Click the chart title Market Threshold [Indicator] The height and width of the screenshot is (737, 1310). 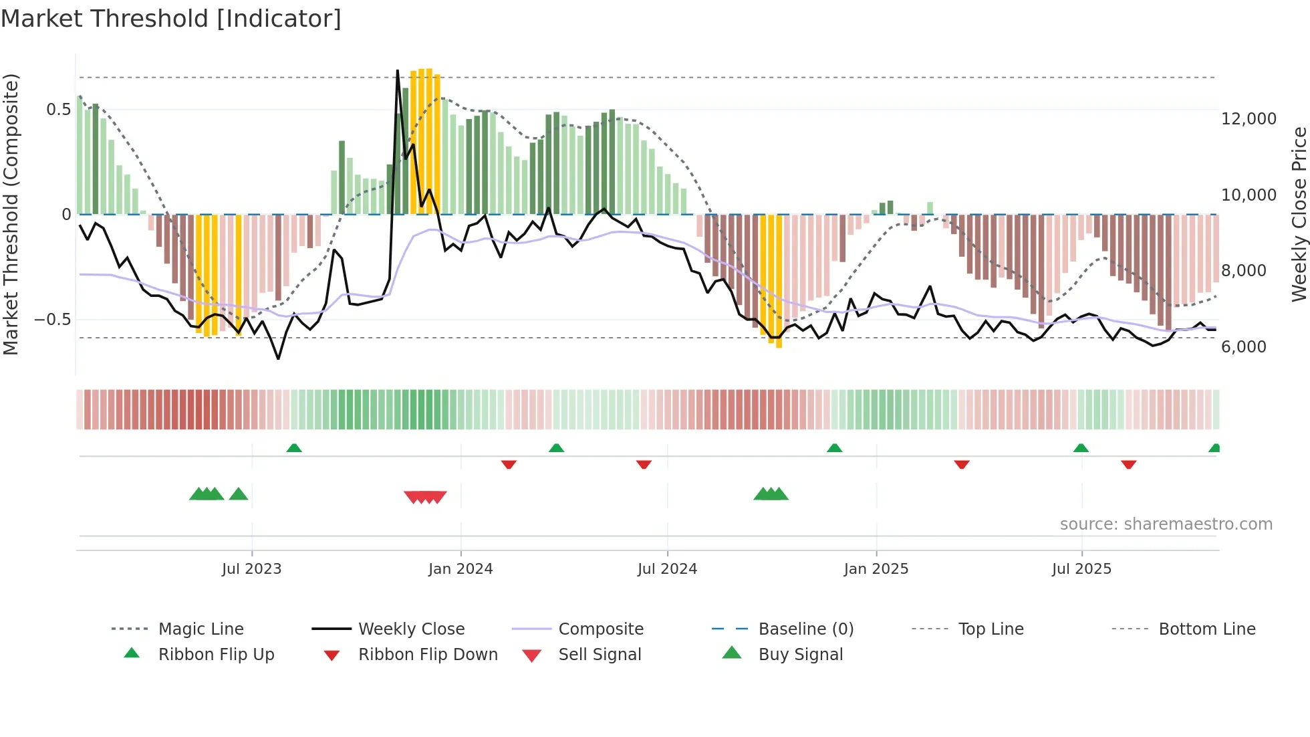(171, 19)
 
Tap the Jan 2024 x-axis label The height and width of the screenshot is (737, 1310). (461, 569)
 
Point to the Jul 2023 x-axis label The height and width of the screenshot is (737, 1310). (251, 569)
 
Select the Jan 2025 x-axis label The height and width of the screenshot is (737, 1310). (876, 569)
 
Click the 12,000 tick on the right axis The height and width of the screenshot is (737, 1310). (1249, 119)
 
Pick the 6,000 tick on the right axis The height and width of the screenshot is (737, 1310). (1243, 347)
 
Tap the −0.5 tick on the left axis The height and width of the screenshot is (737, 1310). (53, 320)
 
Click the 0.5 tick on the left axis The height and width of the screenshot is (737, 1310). (58, 110)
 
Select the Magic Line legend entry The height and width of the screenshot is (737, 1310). (201, 629)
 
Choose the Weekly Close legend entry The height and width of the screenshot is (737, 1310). (411, 629)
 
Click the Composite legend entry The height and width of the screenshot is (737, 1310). (600, 629)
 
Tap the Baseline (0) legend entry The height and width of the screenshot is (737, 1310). (805, 629)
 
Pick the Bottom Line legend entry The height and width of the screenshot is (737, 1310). (1206, 629)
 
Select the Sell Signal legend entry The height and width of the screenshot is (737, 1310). (599, 655)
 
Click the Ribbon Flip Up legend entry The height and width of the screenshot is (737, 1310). (216, 655)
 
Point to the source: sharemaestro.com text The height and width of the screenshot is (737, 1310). (1166, 524)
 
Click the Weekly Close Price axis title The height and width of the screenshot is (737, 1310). (1299, 214)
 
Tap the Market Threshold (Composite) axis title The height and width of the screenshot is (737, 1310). (11, 214)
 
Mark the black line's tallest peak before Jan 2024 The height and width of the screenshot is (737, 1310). (398, 71)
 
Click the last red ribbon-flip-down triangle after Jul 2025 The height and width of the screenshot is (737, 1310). (1128, 464)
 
